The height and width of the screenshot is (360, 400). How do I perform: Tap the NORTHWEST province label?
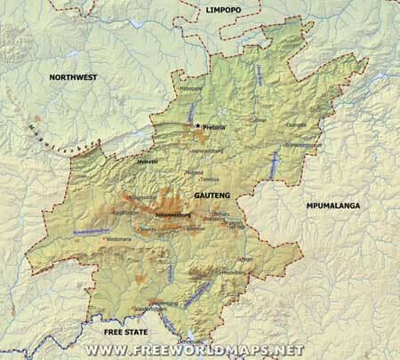74,78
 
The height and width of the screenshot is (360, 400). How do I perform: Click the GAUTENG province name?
212,195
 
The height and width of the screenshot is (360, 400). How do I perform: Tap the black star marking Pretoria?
197,126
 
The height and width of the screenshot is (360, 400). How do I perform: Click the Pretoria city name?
214,127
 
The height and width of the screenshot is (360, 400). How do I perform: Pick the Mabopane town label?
190,88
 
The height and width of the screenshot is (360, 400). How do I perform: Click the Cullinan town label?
257,120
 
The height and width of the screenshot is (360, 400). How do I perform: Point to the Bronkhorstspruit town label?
303,144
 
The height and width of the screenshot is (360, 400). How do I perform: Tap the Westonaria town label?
116,239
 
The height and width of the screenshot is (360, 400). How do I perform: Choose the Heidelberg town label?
232,271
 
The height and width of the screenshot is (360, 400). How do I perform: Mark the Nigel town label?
247,259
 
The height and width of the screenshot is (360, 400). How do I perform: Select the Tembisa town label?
209,179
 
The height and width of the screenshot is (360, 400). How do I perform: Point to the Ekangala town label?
295,125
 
